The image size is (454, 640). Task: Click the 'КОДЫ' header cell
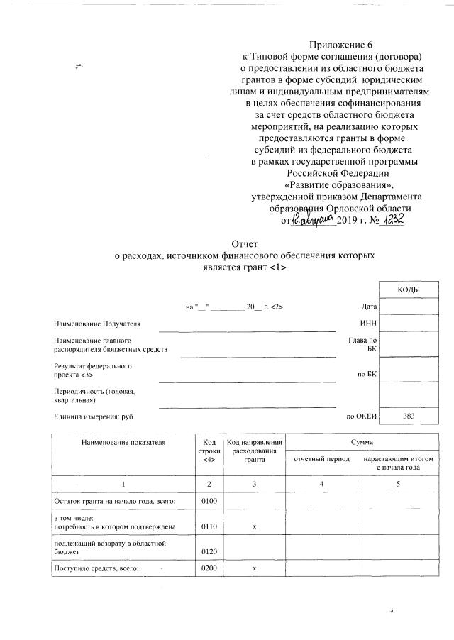409,290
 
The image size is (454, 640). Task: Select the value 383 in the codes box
409,416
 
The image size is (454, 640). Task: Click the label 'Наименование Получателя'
97,324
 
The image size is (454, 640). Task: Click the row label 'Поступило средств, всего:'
96,569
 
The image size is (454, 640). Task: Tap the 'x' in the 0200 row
254,569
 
